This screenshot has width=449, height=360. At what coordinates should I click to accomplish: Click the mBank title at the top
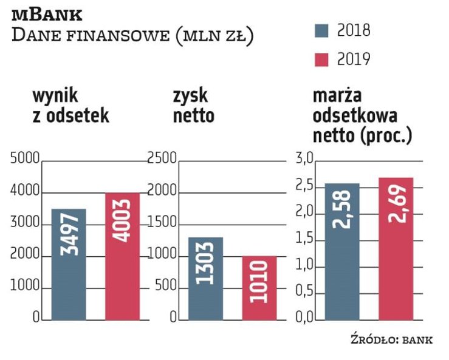[x=47, y=13]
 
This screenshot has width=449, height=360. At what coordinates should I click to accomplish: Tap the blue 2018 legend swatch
[x=321, y=30]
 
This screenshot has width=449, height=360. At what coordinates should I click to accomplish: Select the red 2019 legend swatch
[x=321, y=59]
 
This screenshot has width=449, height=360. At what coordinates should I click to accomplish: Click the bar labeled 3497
[x=69, y=264]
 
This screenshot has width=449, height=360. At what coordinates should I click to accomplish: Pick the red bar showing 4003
[x=122, y=256]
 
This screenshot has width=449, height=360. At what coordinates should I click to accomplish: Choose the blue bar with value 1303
[x=205, y=278]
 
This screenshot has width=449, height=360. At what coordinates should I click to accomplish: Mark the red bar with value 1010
[x=259, y=288]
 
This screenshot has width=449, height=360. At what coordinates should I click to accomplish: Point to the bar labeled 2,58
[x=343, y=251]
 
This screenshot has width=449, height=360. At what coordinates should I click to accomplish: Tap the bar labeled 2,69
[x=396, y=248]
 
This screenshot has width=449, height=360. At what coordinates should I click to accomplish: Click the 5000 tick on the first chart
[x=25, y=160]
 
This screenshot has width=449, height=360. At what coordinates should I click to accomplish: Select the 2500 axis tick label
[x=162, y=160]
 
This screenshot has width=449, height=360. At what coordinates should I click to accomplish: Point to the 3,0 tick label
[x=304, y=160]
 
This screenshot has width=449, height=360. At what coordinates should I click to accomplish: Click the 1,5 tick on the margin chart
[x=304, y=239]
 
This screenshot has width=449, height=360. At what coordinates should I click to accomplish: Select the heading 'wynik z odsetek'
[x=70, y=105]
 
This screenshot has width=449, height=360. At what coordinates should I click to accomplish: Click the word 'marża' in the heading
[x=337, y=96]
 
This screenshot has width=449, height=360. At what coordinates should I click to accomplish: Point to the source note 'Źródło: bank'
[x=391, y=339]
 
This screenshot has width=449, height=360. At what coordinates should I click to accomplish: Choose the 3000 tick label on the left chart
[x=25, y=224]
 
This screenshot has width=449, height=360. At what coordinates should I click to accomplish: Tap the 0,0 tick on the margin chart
[x=304, y=318]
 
